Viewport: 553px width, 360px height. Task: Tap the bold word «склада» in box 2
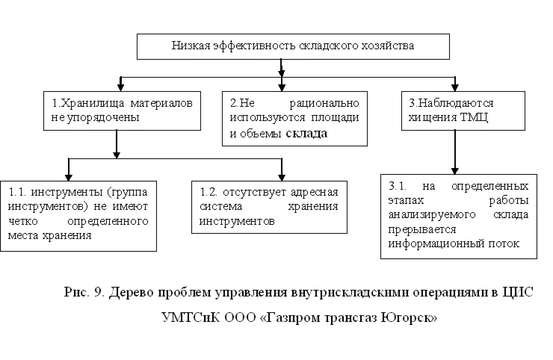[307, 134]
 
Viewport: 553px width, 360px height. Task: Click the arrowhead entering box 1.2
[281, 174]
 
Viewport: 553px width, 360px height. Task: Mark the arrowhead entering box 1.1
[69, 174]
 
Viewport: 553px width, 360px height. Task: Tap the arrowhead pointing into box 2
[281, 87]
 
